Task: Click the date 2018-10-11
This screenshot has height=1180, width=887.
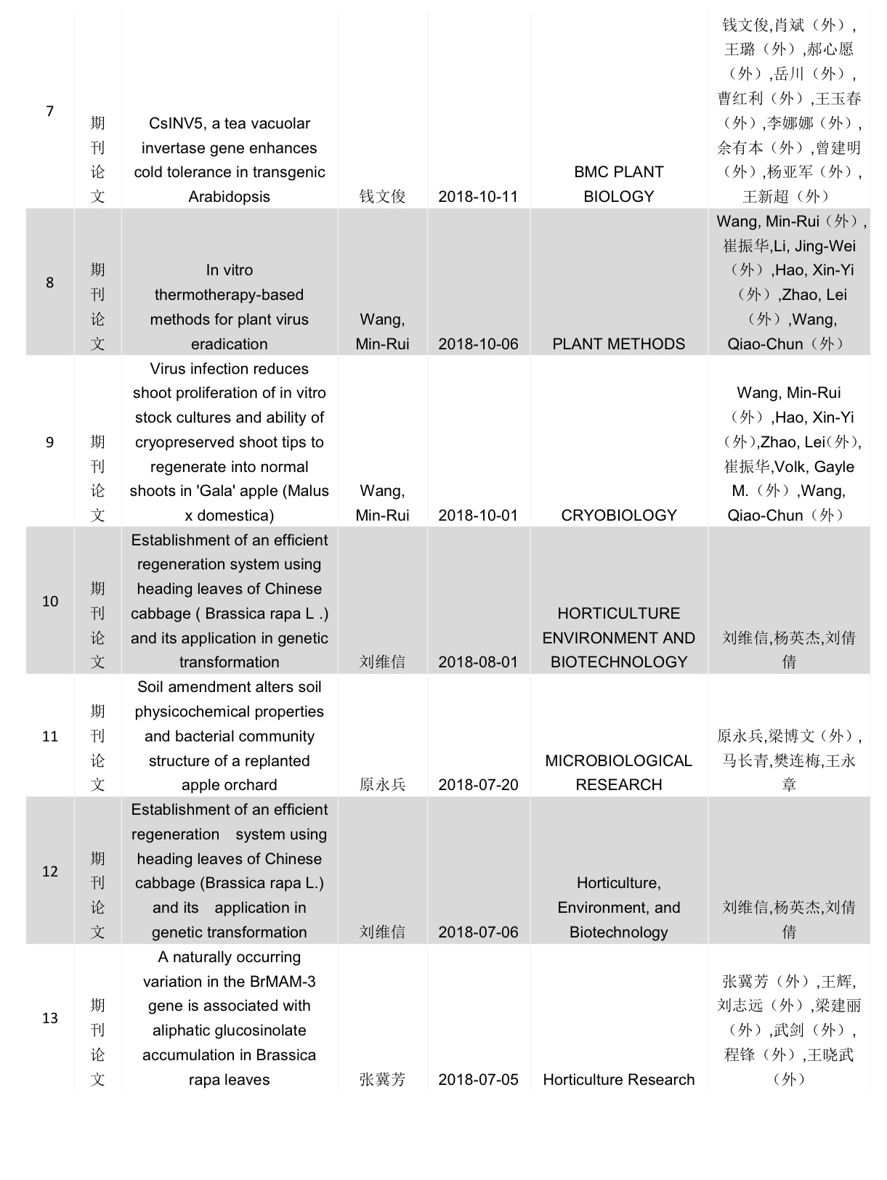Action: pyautogui.click(x=478, y=197)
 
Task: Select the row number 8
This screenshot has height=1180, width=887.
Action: pyautogui.click(x=50, y=282)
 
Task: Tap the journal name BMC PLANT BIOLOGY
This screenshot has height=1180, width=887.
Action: pyautogui.click(x=619, y=184)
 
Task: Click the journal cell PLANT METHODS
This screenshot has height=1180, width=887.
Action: pyautogui.click(x=619, y=344)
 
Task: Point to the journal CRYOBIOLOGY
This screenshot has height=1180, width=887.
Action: pyautogui.click(x=619, y=516)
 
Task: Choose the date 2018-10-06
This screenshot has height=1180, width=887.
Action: pyautogui.click(x=478, y=344)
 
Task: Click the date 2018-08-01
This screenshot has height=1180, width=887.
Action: pyautogui.click(x=478, y=662)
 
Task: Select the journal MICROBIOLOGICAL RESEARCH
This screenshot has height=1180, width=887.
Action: pyautogui.click(x=619, y=773)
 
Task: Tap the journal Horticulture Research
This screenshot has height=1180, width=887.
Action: pyautogui.click(x=619, y=1080)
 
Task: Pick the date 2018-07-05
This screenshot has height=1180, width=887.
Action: pyautogui.click(x=478, y=1080)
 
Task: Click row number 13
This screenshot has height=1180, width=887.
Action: pyautogui.click(x=50, y=1018)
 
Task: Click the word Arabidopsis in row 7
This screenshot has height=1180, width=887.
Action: pyautogui.click(x=229, y=197)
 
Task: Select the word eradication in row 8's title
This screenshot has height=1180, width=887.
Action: pyautogui.click(x=229, y=344)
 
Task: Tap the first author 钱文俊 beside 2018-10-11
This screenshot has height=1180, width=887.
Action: pyautogui.click(x=382, y=197)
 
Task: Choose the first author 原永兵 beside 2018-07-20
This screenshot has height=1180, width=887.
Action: pyautogui.click(x=382, y=785)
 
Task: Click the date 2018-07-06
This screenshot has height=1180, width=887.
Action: pyautogui.click(x=478, y=932)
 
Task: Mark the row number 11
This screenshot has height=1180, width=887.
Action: pyautogui.click(x=50, y=736)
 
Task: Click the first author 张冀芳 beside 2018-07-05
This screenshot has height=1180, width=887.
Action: pyautogui.click(x=382, y=1080)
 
